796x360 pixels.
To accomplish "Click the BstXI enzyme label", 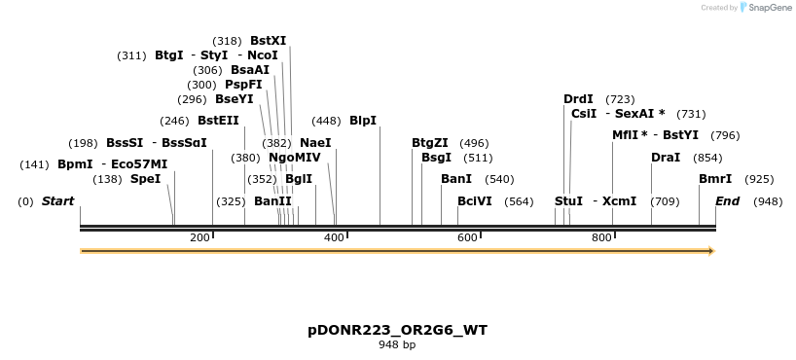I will pos(269,41).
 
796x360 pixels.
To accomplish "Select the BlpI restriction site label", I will pos(363,121).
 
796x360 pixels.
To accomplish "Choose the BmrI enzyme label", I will pos(715,179).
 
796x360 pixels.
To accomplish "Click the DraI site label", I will pos(666,158).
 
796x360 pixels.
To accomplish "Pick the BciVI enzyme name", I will pos(475,201).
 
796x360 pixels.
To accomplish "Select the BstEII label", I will pos(218,121).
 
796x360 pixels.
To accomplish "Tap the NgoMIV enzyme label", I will pos(294,158).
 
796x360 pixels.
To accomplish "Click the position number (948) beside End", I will pos(767,201).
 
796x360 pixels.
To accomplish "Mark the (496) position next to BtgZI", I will pos(474,143).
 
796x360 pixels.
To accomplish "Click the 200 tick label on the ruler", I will pos(199,237).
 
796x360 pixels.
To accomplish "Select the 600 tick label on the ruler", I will pos(467,237).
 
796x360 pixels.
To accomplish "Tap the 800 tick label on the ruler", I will pos(600,237).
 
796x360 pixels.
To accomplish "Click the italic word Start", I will pos(57,201).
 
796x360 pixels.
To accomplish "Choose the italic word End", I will pos(727,201).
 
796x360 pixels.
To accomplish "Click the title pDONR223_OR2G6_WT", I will pos(397,330).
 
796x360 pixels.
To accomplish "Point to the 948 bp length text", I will pos(397,345).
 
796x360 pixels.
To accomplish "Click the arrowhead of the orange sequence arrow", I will pos(710,251).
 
